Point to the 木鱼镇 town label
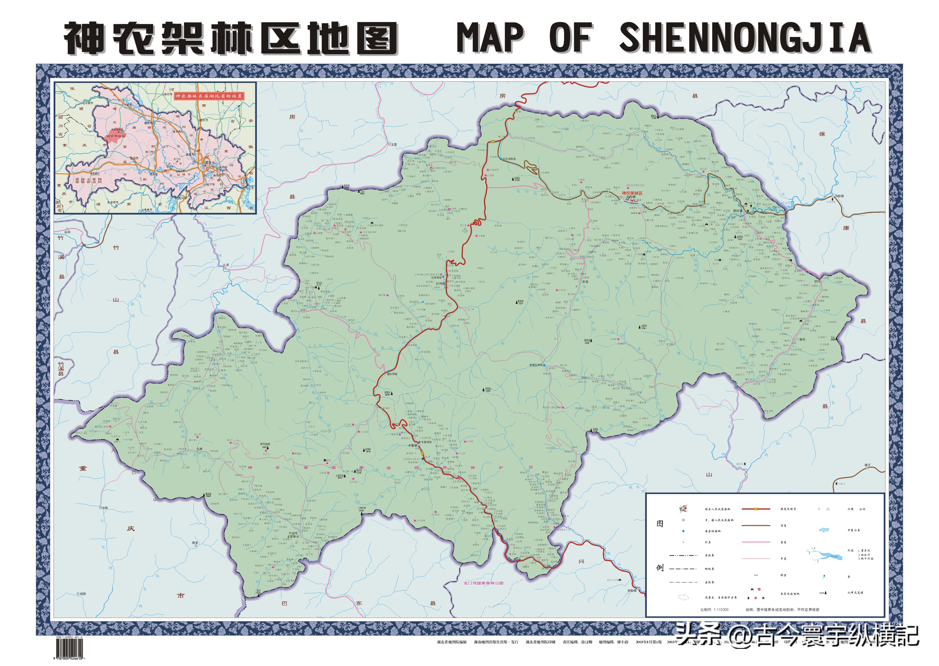click(412, 445)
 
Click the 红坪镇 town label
click(440, 283)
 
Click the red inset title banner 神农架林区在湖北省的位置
click(209, 96)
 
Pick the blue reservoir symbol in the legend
click(824, 530)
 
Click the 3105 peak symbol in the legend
click(824, 593)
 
